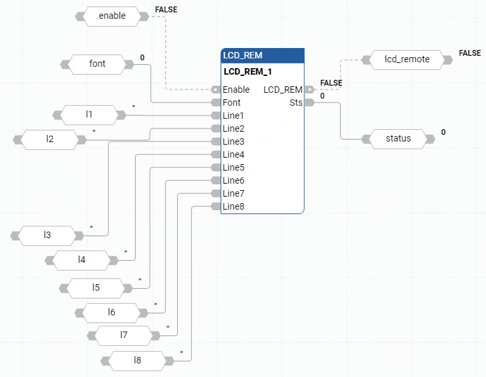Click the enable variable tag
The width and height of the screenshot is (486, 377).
pos(112,16)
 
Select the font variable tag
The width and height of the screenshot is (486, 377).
pos(97,64)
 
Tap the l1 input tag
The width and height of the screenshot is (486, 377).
pos(89,115)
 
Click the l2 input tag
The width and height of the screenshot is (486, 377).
pos(49,139)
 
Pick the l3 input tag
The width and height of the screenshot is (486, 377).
pos(47,235)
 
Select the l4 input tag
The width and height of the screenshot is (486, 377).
pos(82,260)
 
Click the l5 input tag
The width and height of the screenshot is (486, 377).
pos(96,287)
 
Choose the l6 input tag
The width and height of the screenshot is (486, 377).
pos(112,313)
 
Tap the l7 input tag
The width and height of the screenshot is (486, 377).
pos(124,335)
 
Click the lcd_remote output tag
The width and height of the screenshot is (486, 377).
pos(407,60)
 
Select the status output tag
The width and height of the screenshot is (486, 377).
pos(398,138)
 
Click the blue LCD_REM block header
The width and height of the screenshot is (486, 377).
pos(262,56)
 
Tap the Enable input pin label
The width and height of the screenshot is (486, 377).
pos(236,90)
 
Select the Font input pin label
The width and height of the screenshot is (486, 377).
pos(232,103)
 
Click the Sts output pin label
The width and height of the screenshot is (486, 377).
pos(296,103)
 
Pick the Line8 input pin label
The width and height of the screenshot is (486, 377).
pos(234,206)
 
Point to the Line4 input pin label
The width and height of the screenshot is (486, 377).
pos(234,154)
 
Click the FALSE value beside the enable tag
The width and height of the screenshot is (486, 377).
pos(165,10)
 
